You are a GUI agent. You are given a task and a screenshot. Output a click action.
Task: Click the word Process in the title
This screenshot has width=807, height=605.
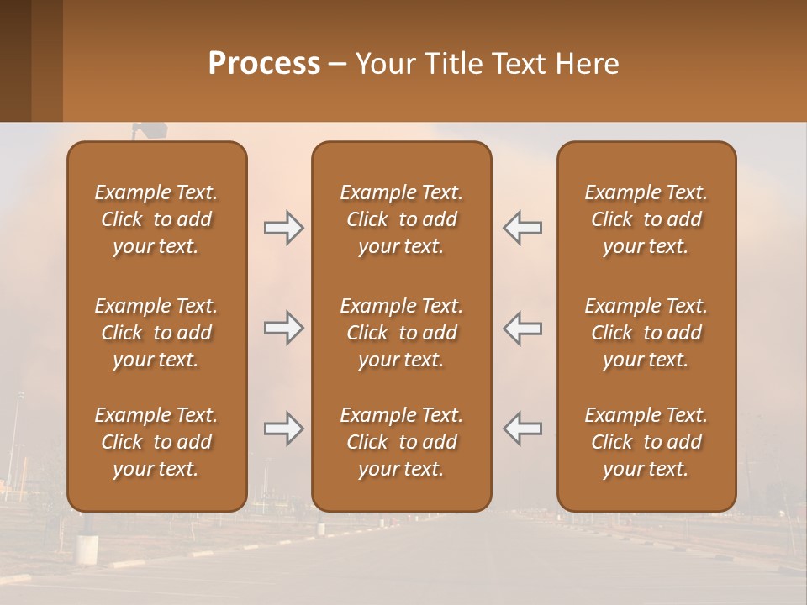(264, 64)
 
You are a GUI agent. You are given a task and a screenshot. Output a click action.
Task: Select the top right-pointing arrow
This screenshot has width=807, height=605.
(283, 228)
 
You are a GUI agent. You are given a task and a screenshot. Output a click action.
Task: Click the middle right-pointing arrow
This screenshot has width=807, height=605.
(283, 328)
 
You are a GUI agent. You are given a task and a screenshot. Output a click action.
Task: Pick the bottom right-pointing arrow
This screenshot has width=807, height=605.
(283, 429)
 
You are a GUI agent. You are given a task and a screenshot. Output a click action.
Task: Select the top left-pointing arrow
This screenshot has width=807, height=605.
(522, 228)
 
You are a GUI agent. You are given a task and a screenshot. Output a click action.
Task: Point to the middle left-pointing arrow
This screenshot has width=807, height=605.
(522, 328)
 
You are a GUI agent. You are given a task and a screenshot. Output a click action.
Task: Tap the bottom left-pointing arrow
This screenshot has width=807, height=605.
(522, 429)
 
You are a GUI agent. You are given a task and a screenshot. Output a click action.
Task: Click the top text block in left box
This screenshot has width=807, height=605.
(156, 219)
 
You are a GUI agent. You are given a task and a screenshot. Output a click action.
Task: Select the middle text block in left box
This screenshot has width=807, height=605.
(156, 333)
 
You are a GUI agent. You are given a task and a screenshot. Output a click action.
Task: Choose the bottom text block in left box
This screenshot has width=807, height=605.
(156, 442)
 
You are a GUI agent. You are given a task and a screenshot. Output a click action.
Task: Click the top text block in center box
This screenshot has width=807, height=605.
(401, 219)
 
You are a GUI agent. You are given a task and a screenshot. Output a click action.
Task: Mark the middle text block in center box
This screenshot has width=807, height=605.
(401, 333)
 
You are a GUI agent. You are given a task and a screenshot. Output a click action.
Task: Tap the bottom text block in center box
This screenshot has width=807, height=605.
(401, 442)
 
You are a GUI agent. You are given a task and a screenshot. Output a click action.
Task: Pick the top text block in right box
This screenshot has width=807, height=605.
(646, 219)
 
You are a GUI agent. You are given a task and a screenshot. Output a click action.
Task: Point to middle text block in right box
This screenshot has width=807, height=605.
(646, 333)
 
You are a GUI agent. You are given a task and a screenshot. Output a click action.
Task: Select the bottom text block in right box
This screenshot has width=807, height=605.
(646, 442)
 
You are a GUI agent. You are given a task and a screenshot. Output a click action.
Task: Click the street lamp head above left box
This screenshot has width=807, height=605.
(152, 129)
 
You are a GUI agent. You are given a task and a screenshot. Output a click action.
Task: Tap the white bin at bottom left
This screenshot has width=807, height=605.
(87, 548)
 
